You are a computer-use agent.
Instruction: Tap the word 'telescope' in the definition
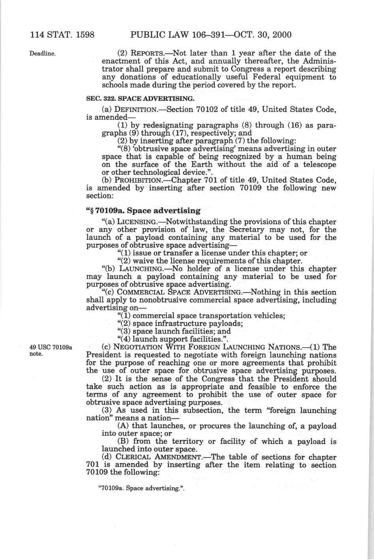(319, 164)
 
